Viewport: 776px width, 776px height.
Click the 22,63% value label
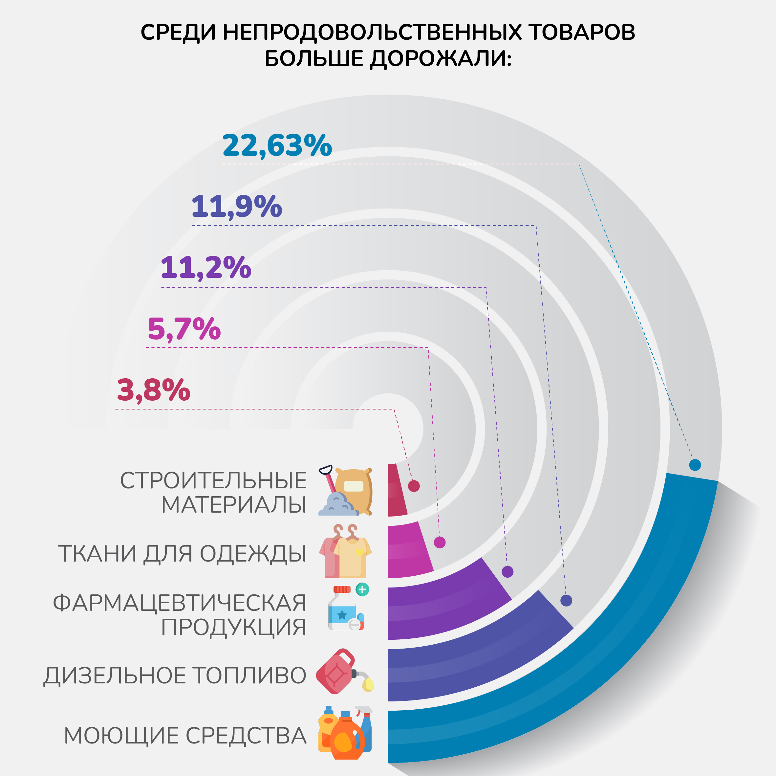point(277,145)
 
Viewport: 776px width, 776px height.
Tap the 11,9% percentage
point(237,207)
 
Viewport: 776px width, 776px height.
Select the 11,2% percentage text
point(205,268)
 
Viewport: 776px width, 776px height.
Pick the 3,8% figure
point(153,390)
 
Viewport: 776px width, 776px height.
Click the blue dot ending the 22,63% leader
point(695,465)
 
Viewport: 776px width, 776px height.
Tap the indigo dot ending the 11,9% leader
point(566,600)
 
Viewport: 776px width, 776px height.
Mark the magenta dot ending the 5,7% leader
point(440,543)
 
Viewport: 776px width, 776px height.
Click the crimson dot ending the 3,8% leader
point(414,486)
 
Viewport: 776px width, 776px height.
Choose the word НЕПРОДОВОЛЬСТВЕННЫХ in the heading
point(372,32)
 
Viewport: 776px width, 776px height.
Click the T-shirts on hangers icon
point(345,551)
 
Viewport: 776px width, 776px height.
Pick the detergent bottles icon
point(345,733)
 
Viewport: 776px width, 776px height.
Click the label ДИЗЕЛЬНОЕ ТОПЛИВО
point(175,675)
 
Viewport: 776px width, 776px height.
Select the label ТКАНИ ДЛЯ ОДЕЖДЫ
point(183,553)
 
